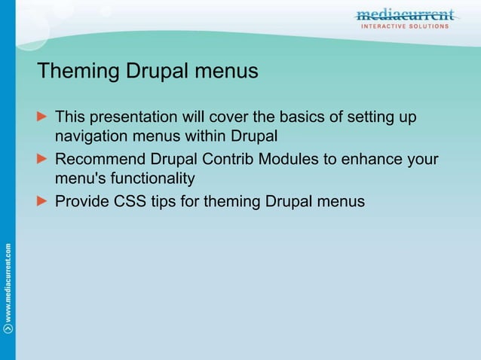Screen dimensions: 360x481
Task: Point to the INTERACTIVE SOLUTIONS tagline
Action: [x=405, y=26]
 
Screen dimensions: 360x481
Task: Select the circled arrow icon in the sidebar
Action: [x=8, y=328]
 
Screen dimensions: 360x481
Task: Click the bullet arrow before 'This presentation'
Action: [x=42, y=117]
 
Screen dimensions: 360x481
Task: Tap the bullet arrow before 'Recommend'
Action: [x=42, y=160]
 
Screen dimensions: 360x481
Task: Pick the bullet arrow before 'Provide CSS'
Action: [x=42, y=202]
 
